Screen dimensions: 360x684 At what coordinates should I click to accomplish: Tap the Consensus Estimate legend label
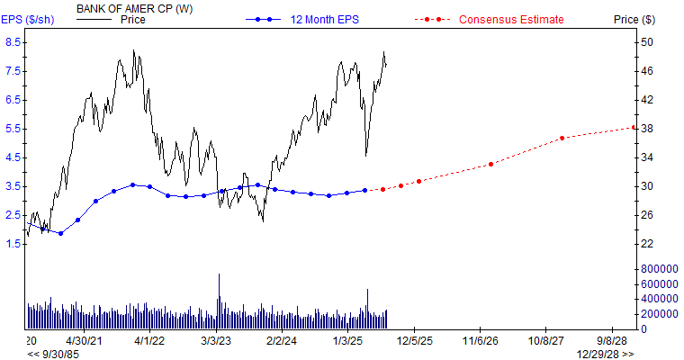pyautogui.click(x=511, y=19)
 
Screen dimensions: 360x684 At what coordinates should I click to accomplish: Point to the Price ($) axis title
pyautogui.click(x=634, y=19)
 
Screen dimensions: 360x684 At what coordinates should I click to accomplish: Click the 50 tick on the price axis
pyautogui.click(x=646, y=42)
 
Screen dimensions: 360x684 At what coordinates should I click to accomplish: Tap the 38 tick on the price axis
pyautogui.click(x=646, y=129)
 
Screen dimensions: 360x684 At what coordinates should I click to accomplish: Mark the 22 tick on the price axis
pyautogui.click(x=646, y=244)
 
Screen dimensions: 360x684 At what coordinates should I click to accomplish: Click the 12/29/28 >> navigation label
pyautogui.click(x=605, y=354)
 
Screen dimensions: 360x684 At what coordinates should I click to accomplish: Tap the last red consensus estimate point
pyautogui.click(x=633, y=127)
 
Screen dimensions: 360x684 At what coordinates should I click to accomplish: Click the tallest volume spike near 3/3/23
pyautogui.click(x=218, y=275)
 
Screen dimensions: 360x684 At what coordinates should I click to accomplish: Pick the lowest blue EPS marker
pyautogui.click(x=60, y=233)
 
